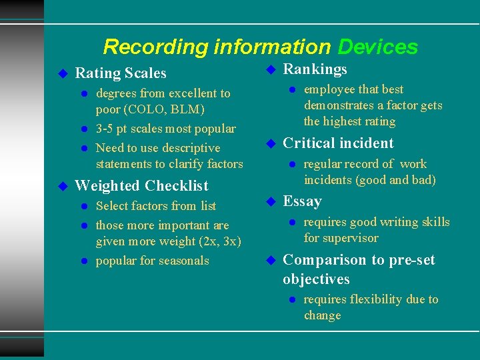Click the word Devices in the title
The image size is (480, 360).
point(377,47)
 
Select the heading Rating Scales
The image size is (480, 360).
point(121,73)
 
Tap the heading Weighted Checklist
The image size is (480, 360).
point(141,186)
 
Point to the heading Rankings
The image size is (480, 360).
point(315,69)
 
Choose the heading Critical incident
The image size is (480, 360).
point(338,143)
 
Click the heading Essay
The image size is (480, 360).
point(302,201)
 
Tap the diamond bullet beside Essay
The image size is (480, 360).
point(271,201)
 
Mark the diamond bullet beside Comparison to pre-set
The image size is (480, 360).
point(271,260)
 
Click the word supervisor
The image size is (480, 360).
point(349,238)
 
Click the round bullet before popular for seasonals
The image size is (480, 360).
point(84,261)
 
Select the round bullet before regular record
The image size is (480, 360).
point(292,164)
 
